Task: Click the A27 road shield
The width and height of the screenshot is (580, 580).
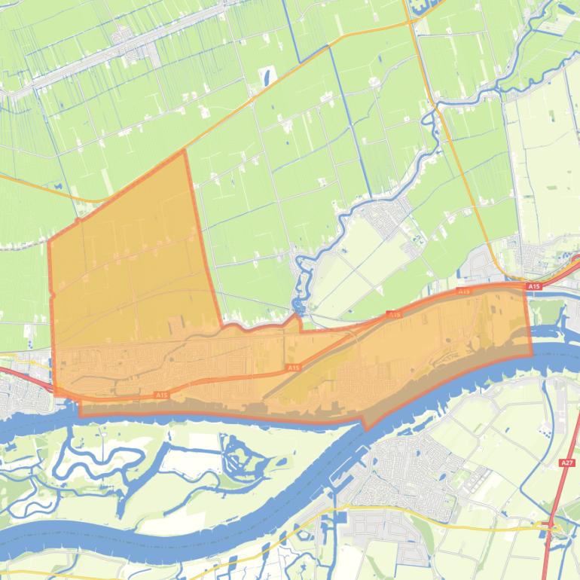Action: [x=567, y=462]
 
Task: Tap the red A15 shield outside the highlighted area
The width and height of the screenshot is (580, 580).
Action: [x=534, y=286]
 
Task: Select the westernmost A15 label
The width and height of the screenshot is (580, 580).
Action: [x=160, y=395]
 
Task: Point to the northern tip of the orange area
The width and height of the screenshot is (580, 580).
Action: [x=184, y=151]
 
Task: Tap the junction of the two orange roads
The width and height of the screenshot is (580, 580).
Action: [x=411, y=20]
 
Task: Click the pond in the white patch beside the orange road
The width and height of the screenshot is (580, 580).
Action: [x=268, y=76]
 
